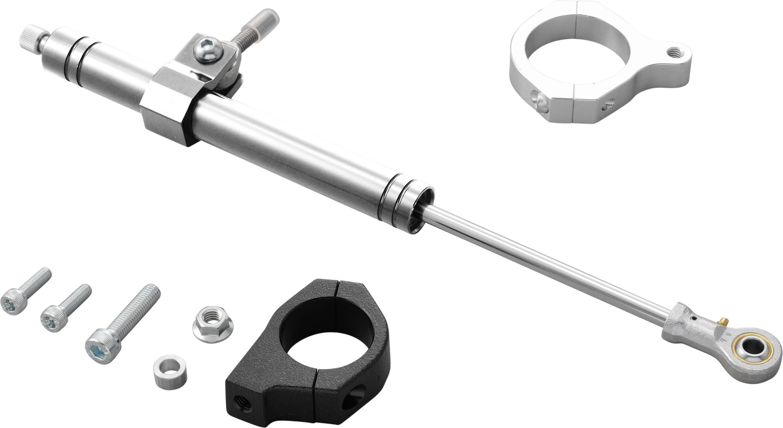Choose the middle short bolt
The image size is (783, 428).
[x=65, y=310]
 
